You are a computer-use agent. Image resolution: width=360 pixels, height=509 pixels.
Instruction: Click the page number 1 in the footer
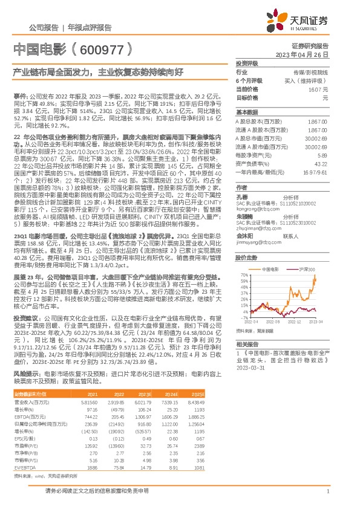[327, 492]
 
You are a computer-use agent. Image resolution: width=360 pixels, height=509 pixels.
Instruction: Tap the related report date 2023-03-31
[254, 367]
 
